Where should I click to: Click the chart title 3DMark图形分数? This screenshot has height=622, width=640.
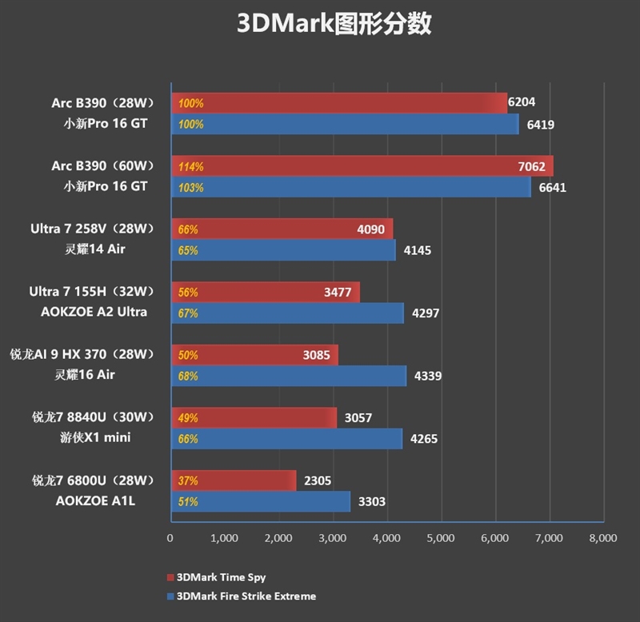click(x=334, y=24)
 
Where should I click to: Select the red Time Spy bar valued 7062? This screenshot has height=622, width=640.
click(x=360, y=166)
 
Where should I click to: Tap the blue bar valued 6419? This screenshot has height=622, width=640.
click(x=344, y=124)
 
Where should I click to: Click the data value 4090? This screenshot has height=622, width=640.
click(x=370, y=229)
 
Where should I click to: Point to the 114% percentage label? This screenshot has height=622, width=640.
click(x=191, y=167)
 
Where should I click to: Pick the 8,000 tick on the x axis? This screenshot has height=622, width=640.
click(x=602, y=538)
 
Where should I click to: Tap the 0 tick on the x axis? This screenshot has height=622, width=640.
click(x=170, y=538)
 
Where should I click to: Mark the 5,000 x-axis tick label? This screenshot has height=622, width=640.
click(x=440, y=538)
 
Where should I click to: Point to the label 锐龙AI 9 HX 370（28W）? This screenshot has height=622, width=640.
click(x=82, y=354)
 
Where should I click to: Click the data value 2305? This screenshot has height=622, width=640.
click(x=317, y=480)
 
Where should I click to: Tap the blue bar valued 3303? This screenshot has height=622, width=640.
click(x=260, y=501)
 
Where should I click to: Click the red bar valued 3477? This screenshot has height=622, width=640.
click(x=264, y=292)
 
